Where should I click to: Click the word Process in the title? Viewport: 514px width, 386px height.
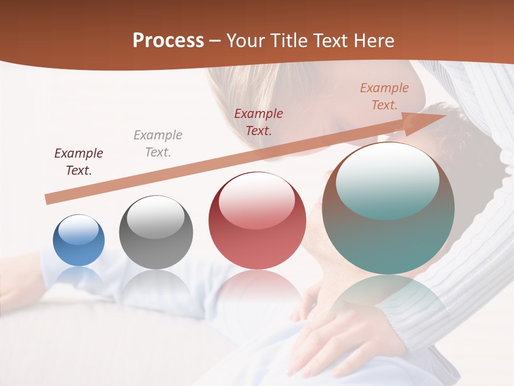click(x=168, y=41)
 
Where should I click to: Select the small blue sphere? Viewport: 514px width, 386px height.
click(x=79, y=240)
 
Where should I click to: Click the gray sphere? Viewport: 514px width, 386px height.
click(x=156, y=232)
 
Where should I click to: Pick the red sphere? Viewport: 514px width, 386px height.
click(x=257, y=221)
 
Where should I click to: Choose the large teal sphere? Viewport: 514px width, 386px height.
click(x=388, y=209)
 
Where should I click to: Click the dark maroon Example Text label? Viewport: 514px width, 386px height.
click(x=79, y=162)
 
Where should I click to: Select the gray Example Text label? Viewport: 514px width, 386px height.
click(x=158, y=144)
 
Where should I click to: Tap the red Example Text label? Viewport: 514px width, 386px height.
click(x=259, y=122)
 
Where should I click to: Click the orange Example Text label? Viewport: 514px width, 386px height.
click(x=384, y=96)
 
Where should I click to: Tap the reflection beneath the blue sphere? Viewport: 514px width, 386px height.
click(x=79, y=276)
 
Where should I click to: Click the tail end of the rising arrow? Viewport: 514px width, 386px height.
click(x=49, y=199)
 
